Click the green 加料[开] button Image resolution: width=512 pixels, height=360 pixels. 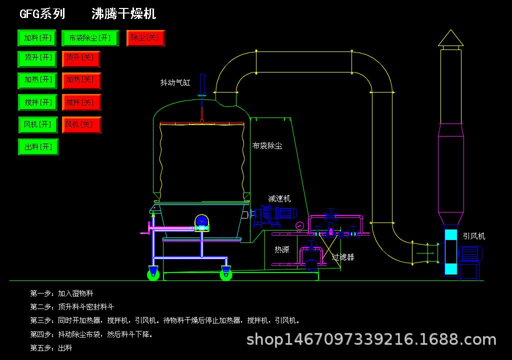click(37, 38)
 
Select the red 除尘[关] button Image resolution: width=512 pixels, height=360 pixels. click(145, 38)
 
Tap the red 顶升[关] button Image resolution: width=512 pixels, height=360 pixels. click(81, 59)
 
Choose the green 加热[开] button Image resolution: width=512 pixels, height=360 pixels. click(37, 80)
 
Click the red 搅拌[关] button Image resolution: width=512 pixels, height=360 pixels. click(81, 102)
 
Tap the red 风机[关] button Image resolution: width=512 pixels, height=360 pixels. click(81, 125)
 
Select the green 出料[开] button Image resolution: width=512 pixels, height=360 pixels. click(38, 147)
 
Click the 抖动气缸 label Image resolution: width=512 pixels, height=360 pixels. click(175, 82)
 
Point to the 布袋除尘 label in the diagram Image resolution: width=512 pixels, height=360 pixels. click(267, 145)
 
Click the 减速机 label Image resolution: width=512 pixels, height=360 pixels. click(279, 198)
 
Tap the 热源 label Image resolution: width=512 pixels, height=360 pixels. click(282, 249)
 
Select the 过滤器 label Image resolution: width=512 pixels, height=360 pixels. click(343, 257)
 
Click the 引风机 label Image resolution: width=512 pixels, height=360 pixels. click(474, 236)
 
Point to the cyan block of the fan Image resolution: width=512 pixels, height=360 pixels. click(451, 252)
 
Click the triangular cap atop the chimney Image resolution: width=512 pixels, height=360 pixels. click(450, 38)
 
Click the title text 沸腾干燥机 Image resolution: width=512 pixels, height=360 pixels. click(124, 13)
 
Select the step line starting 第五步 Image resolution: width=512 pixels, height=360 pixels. click(51, 348)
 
